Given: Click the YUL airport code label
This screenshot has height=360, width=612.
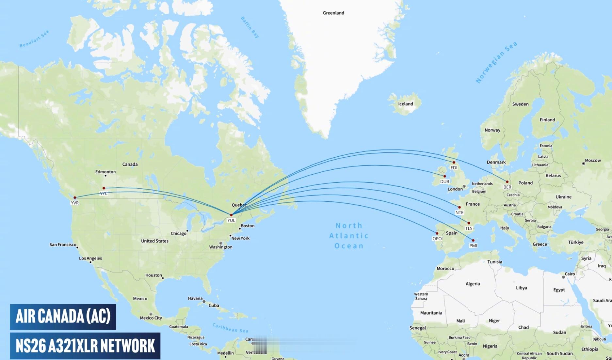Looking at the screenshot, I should point(231,220).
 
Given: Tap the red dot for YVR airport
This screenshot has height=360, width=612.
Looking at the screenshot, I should point(75,197).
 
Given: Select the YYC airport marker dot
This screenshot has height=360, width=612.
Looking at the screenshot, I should point(104,188).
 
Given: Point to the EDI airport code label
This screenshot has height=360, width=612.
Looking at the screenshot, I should point(454,168).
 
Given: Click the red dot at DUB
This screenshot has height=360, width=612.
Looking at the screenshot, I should point(444,176).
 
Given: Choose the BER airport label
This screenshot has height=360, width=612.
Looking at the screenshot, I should point(507,187).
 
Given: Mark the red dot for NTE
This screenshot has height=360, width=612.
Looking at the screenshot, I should point(459,207).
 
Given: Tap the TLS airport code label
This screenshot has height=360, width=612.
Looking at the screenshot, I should point(469,228).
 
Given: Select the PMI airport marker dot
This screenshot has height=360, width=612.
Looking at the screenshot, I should point(473,240).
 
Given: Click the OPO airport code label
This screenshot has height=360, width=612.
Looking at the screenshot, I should point(437,239).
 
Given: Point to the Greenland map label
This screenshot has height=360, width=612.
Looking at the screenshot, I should point(333,13).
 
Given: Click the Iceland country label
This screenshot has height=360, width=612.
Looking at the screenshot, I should point(406,104).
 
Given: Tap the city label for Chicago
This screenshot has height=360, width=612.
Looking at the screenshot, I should point(178,233).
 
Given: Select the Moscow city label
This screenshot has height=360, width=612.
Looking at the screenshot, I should point(593,161).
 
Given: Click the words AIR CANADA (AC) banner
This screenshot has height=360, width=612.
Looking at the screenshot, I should point(63,317).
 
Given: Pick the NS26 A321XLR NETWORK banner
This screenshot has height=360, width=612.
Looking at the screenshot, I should point(85,346).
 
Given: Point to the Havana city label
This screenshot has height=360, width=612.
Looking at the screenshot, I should point(195,298).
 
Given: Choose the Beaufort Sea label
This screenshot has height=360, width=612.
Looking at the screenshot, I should point(34,39).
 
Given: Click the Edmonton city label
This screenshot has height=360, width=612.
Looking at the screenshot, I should point(105,172).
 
